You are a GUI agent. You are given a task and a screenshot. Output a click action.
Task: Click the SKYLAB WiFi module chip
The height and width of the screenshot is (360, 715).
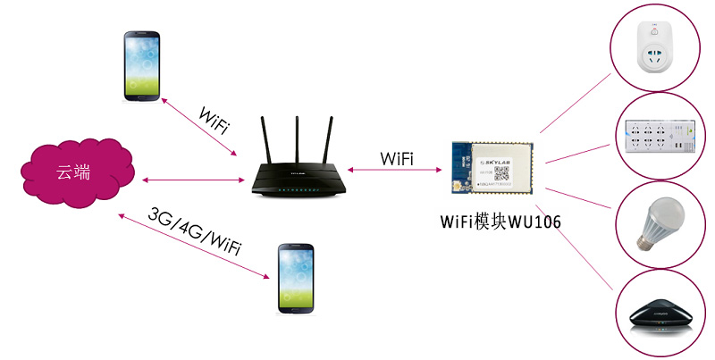494,169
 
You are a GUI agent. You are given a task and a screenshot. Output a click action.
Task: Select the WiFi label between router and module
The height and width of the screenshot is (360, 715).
397,158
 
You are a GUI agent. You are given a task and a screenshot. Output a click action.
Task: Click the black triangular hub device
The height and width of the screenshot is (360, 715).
660,315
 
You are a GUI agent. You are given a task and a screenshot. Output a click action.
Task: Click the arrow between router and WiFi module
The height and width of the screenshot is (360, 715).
397,171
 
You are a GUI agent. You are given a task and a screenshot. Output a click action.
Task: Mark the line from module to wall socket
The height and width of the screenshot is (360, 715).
576,107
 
